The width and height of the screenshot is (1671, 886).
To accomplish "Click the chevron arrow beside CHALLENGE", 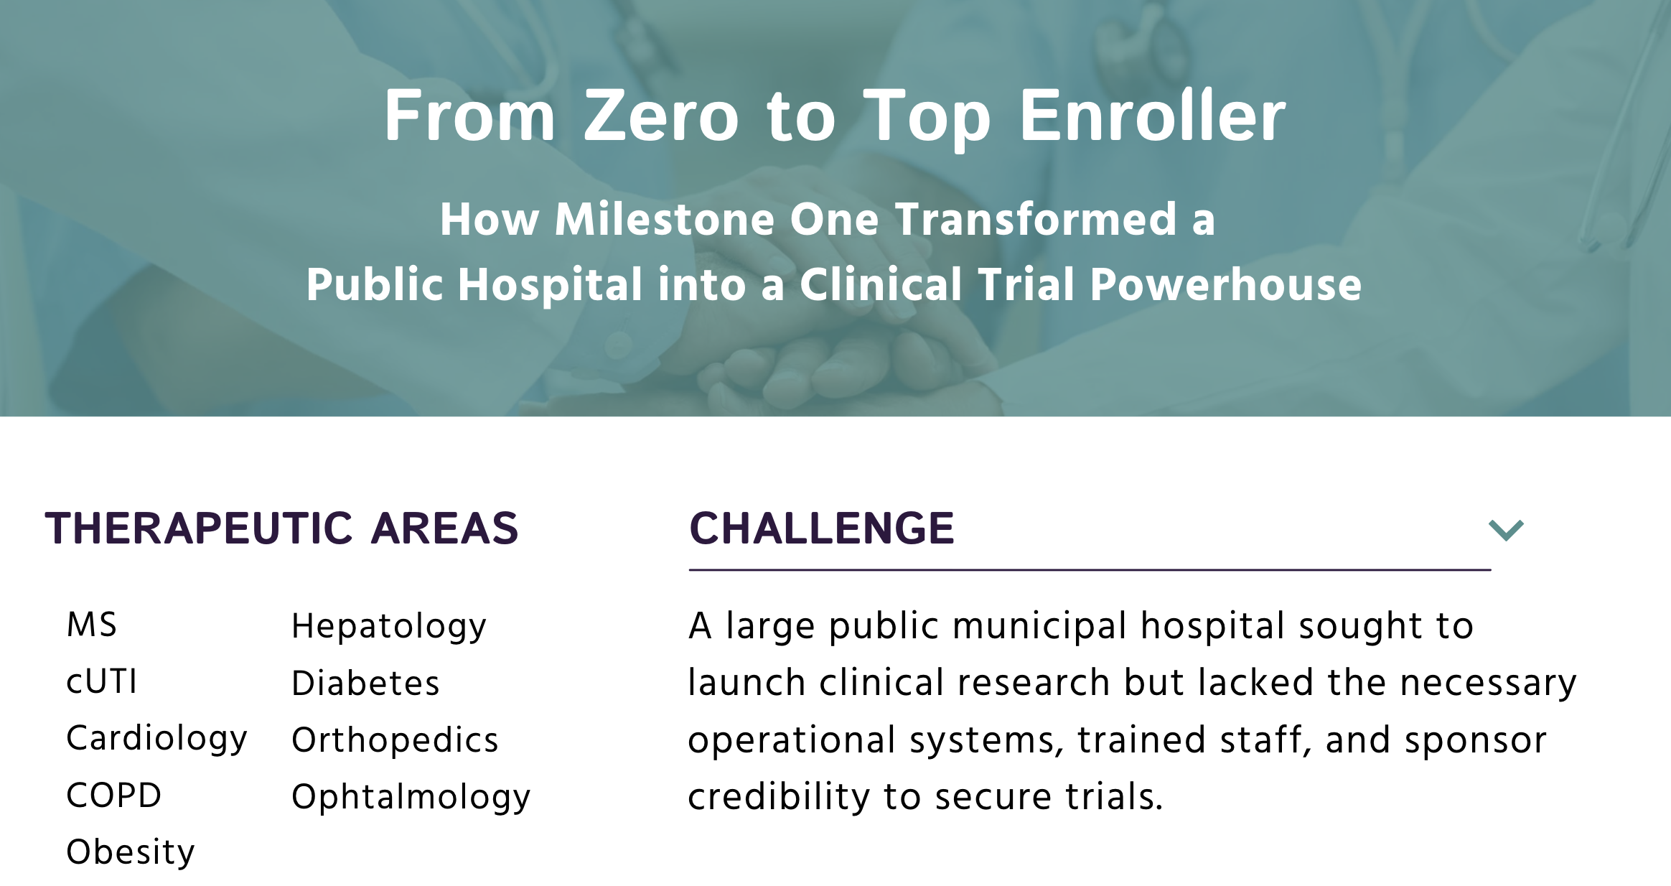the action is [1506, 530].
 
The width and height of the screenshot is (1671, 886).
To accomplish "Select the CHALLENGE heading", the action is [822, 528].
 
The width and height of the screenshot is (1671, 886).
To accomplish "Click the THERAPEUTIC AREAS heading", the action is [281, 528].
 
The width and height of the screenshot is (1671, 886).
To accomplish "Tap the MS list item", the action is [91, 625].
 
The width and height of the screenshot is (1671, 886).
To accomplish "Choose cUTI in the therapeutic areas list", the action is [101, 681].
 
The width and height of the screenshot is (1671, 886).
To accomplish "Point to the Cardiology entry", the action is [156, 740].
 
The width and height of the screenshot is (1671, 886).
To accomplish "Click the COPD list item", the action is [113, 796].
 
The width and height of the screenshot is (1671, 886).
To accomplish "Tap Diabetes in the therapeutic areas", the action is [365, 683].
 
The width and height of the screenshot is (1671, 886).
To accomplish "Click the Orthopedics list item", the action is [395, 741].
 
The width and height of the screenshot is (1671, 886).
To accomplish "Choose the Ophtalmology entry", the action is [411, 798].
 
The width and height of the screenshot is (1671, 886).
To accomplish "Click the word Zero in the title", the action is [661, 116].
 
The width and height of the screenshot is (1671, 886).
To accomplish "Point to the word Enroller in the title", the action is [1152, 116].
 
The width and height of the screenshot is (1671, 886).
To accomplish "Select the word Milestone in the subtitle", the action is [664, 219].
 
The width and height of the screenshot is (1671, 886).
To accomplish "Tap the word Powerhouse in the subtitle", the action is [1225, 284].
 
